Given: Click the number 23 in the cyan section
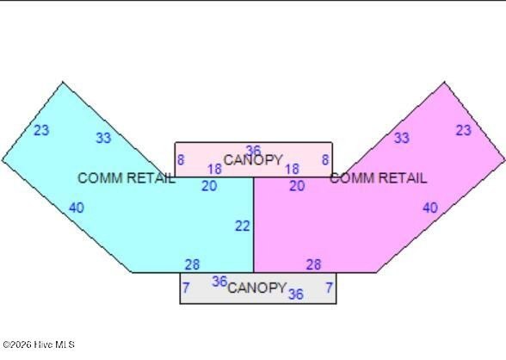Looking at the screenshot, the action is pos(41,130).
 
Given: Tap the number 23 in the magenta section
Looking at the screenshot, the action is pos(463,130).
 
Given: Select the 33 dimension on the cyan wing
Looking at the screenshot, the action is pos(103,138).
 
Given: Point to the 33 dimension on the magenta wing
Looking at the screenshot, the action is pos(402,138).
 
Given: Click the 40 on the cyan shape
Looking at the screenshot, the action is pos(77,208).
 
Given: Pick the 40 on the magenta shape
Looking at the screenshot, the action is pos(430,208).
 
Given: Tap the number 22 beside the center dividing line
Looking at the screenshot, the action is pos(243,226).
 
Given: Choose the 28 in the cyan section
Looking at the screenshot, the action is pos(193,264).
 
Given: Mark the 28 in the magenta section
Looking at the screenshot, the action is pos(313,264).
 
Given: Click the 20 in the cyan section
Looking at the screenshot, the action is pos(209,186).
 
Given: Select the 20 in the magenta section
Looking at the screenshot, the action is pos(297,186).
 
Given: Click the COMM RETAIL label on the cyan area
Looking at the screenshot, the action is pos(126,178).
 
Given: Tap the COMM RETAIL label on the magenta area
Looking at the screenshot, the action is pos(379,178).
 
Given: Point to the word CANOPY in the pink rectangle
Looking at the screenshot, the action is pos(253,160).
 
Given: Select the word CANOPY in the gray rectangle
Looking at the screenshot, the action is pos(256,288).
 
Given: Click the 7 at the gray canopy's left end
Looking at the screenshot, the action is pos(186,288).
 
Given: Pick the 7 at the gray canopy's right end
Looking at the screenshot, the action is pos(329,288).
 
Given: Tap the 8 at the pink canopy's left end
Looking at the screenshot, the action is pos(181,160).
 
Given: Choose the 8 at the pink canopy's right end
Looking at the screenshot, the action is pos(325,160).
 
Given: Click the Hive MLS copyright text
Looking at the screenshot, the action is pos(39,344).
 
